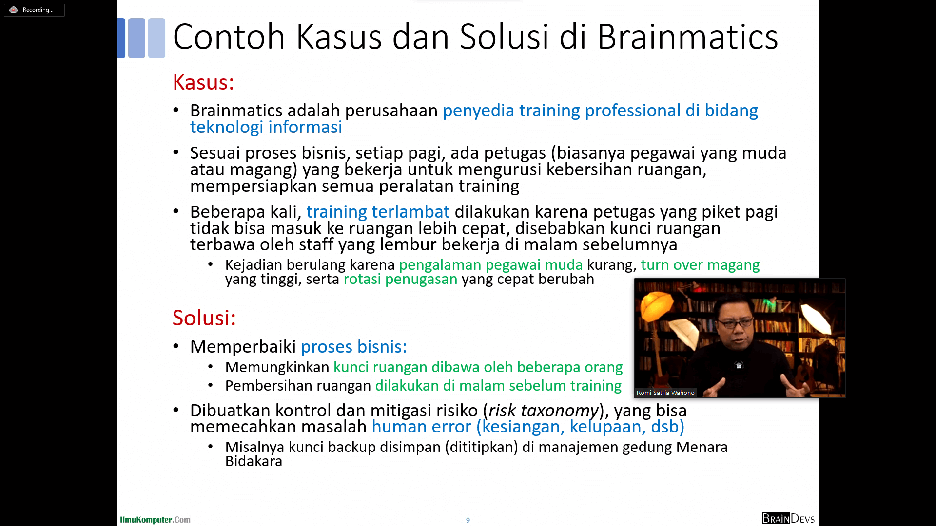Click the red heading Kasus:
click(x=203, y=82)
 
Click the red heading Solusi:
click(x=204, y=318)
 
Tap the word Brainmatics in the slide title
click(x=687, y=37)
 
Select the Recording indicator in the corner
click(x=34, y=10)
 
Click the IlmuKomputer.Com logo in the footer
click(x=156, y=520)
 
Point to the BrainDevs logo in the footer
click(x=788, y=518)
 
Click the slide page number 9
click(x=468, y=520)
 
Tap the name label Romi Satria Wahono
click(x=665, y=393)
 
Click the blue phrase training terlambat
click(x=378, y=212)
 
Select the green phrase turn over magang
click(x=700, y=265)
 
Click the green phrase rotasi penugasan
click(x=401, y=279)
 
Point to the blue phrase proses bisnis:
click(x=354, y=347)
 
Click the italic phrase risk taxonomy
click(x=543, y=411)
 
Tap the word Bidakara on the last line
click(x=253, y=461)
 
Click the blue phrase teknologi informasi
click(x=266, y=127)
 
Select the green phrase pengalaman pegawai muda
click(x=491, y=265)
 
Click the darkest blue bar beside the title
click(x=121, y=38)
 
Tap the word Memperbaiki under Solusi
click(x=243, y=347)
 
